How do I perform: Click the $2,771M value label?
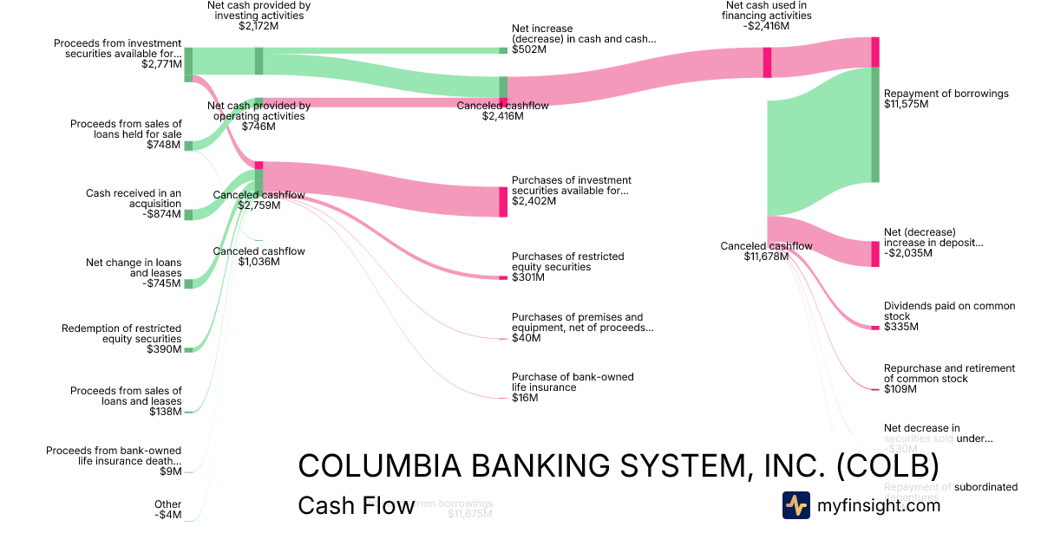(x=161, y=64)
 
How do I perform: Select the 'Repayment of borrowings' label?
(x=946, y=94)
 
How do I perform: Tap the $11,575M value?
(x=906, y=104)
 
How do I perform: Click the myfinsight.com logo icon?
(x=796, y=505)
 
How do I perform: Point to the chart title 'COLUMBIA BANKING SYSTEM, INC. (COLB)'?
(x=618, y=466)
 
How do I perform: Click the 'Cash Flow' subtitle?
(x=356, y=506)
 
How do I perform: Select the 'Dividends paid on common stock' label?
(x=949, y=311)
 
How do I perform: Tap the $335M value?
(x=901, y=327)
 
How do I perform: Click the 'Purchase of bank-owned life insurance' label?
(x=573, y=382)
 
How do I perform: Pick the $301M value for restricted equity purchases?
(x=528, y=277)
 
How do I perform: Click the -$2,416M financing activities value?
(x=767, y=26)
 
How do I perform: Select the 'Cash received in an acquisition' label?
(x=134, y=198)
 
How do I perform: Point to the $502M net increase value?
(x=529, y=49)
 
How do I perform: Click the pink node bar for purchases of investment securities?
(x=503, y=201)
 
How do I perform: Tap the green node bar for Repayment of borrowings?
(x=875, y=124)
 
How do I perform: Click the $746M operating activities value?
(x=259, y=127)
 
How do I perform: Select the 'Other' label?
(x=168, y=504)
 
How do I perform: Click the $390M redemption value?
(x=165, y=349)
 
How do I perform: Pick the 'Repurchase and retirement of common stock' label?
(x=949, y=374)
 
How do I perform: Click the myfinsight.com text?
(x=879, y=505)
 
